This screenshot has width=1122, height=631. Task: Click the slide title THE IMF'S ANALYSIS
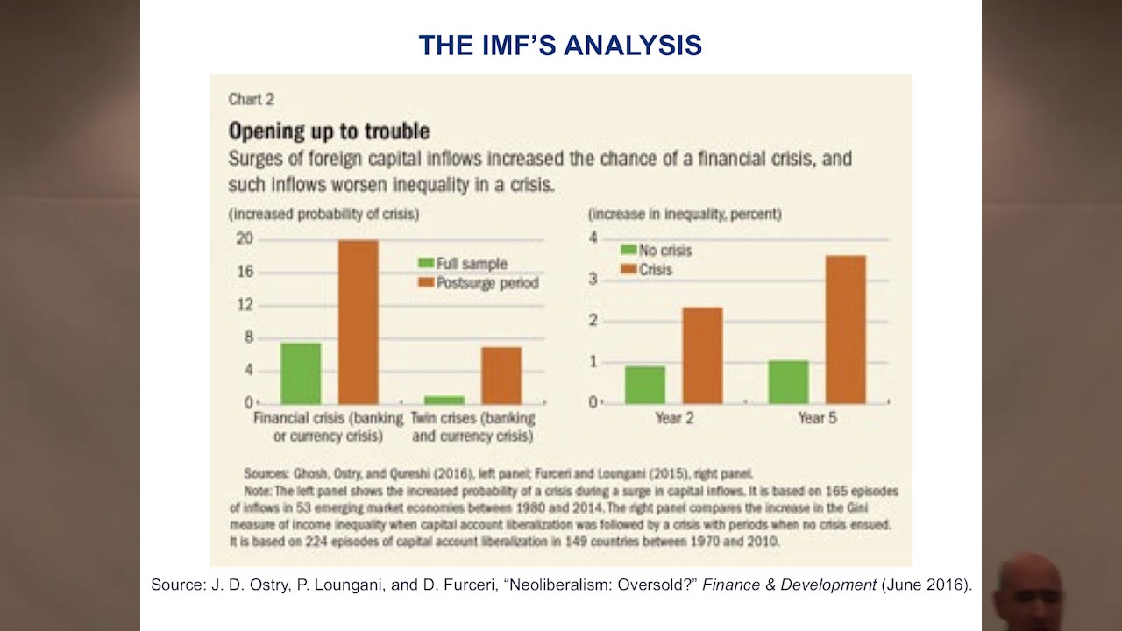click(560, 45)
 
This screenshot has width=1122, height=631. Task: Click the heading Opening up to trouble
click(329, 131)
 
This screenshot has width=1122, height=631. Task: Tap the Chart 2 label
click(251, 99)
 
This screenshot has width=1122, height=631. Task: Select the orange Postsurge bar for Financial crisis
click(359, 321)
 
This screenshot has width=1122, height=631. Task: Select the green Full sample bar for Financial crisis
click(301, 372)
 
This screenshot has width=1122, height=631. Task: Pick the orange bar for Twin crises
click(501, 375)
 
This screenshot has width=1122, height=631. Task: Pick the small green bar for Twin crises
click(444, 400)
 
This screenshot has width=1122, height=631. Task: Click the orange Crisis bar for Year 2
click(702, 355)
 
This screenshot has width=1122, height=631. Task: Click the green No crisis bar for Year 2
click(645, 385)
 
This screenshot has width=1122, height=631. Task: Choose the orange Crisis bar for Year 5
click(845, 329)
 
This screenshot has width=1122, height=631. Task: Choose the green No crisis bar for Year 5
click(788, 381)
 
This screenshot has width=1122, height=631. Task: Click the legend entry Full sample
click(471, 264)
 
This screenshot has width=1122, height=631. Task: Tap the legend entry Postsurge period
click(486, 283)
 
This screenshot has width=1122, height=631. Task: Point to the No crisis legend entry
click(664, 251)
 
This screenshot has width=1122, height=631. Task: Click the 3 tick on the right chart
click(593, 280)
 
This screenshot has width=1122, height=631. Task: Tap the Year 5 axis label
click(817, 419)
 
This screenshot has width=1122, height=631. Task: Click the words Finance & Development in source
click(789, 585)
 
